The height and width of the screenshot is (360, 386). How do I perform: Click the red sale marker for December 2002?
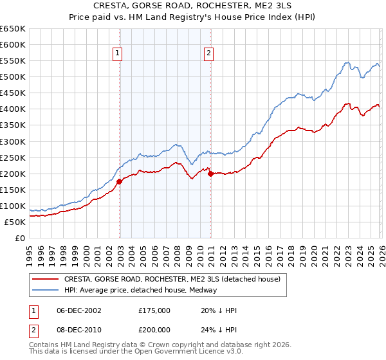point(120,181)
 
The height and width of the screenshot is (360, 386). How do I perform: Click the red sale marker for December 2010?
point(211,174)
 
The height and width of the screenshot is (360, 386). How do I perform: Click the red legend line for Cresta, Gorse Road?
point(46,280)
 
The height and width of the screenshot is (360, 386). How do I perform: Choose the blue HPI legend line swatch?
point(46,291)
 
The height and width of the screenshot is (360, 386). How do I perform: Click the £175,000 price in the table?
point(154,310)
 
